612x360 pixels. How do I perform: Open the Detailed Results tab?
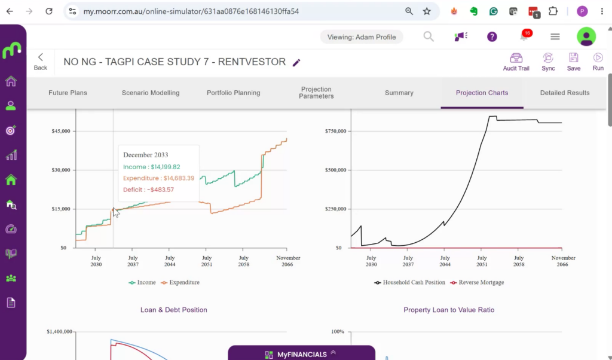564,93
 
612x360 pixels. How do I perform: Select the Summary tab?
399,93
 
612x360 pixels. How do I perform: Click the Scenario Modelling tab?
151,93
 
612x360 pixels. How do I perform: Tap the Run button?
598,62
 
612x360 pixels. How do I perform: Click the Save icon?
573,58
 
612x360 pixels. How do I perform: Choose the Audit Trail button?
516,62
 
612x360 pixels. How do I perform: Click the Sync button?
548,62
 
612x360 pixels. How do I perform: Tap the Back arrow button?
40,62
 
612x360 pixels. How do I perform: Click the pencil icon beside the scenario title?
296,62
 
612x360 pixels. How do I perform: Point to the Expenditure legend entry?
180,282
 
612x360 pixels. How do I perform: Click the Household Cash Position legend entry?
409,282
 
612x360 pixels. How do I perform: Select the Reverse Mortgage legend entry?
477,282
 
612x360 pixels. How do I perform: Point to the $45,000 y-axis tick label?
61,131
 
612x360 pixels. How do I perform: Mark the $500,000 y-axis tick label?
336,170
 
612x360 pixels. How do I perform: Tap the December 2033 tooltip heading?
146,155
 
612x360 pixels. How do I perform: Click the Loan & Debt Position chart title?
174,310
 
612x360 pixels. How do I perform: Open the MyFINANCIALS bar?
301,353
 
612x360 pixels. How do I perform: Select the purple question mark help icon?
492,37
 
